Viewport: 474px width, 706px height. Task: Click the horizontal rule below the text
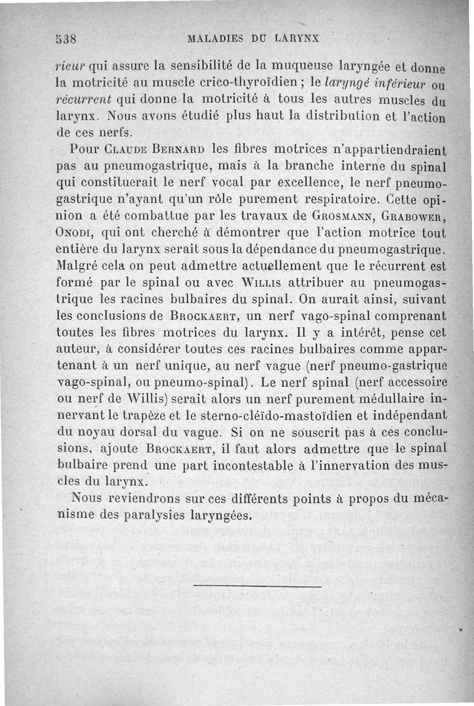257,587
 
